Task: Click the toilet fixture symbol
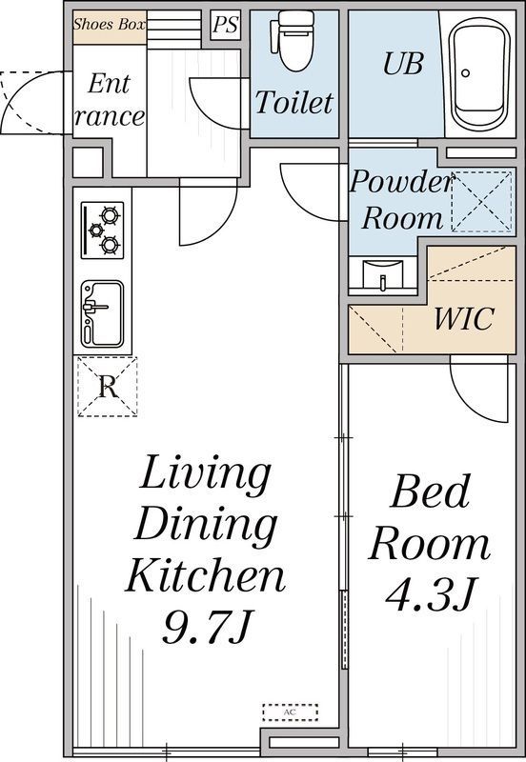tap(296, 41)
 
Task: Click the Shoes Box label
tap(110, 25)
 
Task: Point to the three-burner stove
tap(103, 230)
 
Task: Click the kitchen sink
tap(103, 314)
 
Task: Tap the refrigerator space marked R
tap(108, 387)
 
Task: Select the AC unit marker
tap(291, 712)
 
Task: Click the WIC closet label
tap(464, 318)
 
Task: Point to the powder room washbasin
tap(383, 275)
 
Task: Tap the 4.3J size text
tap(430, 593)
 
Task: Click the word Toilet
tap(294, 102)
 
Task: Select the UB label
tap(403, 64)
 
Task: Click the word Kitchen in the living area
tap(206, 575)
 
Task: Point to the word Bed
tap(430, 491)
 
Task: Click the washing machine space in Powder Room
tap(482, 201)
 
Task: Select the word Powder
tap(401, 181)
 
